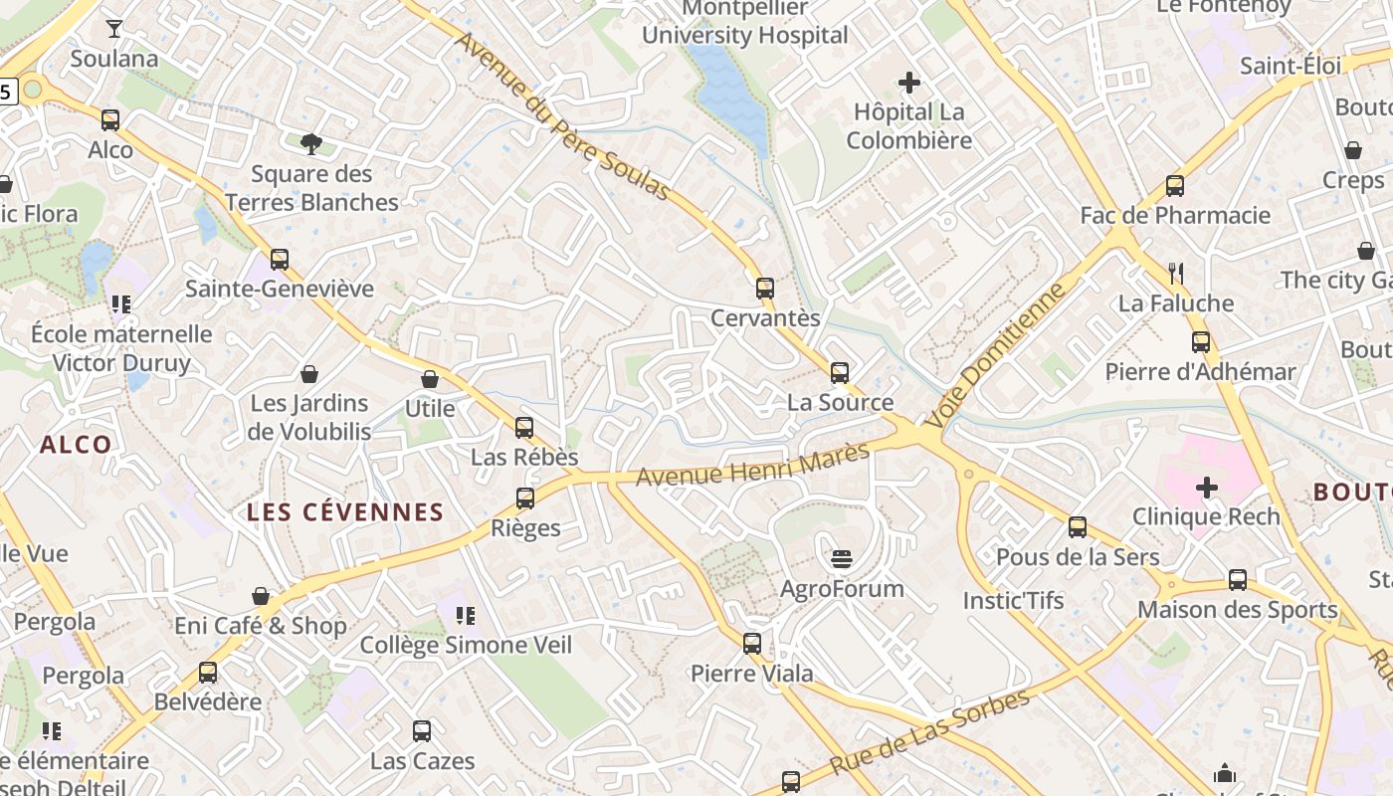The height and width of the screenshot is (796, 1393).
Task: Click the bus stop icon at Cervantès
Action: (764, 289)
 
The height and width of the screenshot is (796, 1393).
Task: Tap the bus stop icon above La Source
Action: (840, 373)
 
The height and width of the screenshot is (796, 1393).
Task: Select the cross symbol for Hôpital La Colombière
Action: (908, 83)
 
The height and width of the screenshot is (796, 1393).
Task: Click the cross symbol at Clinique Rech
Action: (1206, 488)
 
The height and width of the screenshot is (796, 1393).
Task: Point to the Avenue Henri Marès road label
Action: (752, 464)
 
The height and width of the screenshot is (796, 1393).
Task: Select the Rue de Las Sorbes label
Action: (929, 731)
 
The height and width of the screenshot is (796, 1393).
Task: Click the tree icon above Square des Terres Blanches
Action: (310, 144)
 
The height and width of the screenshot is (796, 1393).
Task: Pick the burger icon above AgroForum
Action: (842, 558)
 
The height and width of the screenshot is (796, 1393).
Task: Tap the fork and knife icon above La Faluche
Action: (1175, 273)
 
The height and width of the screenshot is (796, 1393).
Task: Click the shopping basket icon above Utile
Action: (430, 379)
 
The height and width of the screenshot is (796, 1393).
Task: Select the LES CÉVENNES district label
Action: (344, 512)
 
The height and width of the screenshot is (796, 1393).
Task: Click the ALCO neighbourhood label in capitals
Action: (76, 445)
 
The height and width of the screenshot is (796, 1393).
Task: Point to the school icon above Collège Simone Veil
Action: (465, 616)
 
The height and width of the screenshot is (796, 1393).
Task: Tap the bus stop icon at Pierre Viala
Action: (752, 644)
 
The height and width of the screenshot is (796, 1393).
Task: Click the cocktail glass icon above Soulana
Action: (114, 29)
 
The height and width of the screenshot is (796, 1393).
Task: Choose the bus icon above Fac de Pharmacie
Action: (1175, 186)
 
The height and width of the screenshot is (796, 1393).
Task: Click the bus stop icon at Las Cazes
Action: (422, 731)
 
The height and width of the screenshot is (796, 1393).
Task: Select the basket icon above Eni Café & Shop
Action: (261, 596)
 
